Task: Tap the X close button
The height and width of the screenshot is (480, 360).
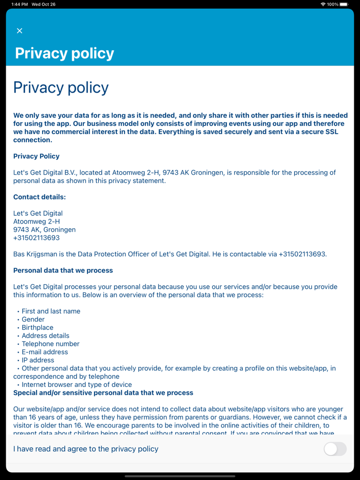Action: click(x=20, y=31)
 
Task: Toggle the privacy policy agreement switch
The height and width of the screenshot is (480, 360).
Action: click(x=335, y=449)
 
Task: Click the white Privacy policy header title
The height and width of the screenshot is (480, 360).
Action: click(x=64, y=53)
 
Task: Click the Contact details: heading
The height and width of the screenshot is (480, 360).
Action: click(x=40, y=197)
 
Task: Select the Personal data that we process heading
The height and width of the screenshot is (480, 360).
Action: click(x=63, y=270)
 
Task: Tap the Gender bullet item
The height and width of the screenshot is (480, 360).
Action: click(x=33, y=319)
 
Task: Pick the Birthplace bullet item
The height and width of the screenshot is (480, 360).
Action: click(x=37, y=327)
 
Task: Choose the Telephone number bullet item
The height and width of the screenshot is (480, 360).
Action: click(x=50, y=344)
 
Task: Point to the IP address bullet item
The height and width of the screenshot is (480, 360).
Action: click(x=38, y=360)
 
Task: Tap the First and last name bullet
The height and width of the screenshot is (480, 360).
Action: click(x=51, y=311)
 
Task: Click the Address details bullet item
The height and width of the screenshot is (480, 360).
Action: click(x=45, y=336)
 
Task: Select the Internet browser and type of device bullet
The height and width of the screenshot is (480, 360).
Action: click(x=77, y=384)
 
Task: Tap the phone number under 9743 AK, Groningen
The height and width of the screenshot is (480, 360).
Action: click(x=37, y=238)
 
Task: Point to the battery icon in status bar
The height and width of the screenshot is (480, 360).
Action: click(x=344, y=4)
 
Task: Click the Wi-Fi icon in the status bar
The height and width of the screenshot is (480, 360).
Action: click(x=323, y=4)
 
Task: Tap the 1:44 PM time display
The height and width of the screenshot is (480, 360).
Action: click(x=20, y=4)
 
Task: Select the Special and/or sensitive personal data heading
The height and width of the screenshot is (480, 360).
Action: click(x=103, y=393)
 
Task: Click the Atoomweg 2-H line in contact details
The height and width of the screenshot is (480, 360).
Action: click(x=37, y=221)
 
